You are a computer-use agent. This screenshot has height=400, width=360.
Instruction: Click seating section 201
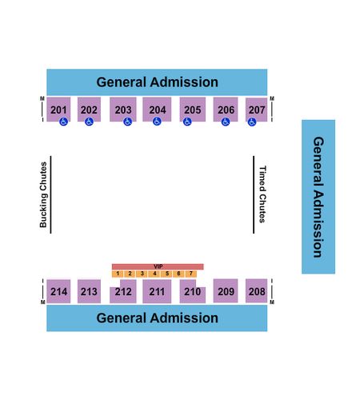(x=58, y=110)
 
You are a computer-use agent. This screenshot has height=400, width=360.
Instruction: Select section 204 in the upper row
(x=157, y=110)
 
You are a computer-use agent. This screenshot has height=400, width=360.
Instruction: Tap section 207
(x=256, y=110)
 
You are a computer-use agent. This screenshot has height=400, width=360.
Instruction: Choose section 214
(x=58, y=291)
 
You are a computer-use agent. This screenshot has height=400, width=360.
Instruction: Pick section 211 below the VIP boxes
(x=157, y=291)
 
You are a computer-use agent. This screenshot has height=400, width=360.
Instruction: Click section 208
(x=256, y=290)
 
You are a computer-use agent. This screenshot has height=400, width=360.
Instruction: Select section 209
(x=226, y=290)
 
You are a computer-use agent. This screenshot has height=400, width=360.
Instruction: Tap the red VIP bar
(x=158, y=266)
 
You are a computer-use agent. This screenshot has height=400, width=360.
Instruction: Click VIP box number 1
(x=118, y=274)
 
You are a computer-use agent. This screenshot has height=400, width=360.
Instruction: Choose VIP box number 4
(x=154, y=274)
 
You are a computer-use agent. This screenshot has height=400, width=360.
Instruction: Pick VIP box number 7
(x=191, y=274)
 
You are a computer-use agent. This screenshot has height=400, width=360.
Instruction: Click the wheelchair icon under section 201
(x=63, y=122)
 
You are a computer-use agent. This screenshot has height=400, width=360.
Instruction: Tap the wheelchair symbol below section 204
(x=157, y=122)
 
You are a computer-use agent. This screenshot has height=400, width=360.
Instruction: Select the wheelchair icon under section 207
(x=252, y=122)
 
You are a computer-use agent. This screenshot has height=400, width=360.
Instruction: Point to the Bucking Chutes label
(x=43, y=194)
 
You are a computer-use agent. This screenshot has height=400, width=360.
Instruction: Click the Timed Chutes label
(x=262, y=194)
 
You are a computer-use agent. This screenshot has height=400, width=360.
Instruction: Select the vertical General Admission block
(x=318, y=197)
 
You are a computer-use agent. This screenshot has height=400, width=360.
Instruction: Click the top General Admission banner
(x=157, y=82)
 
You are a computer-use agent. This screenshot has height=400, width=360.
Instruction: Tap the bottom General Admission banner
(x=157, y=318)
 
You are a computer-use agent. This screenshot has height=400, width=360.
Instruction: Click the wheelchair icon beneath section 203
(x=128, y=122)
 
